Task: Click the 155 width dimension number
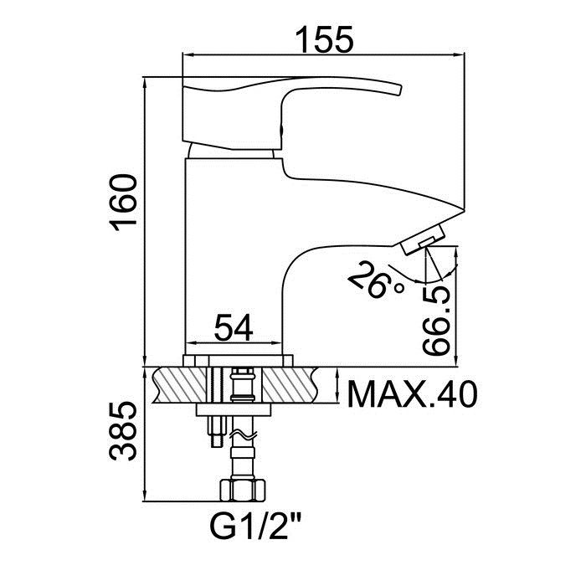click(324, 39)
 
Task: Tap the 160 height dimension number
click(123, 203)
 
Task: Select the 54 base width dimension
click(234, 327)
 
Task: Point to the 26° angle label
click(375, 280)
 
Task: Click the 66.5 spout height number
click(436, 320)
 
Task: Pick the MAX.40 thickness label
click(412, 394)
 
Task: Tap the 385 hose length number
click(123, 431)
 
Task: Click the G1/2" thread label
click(255, 526)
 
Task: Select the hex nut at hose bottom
click(243, 490)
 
